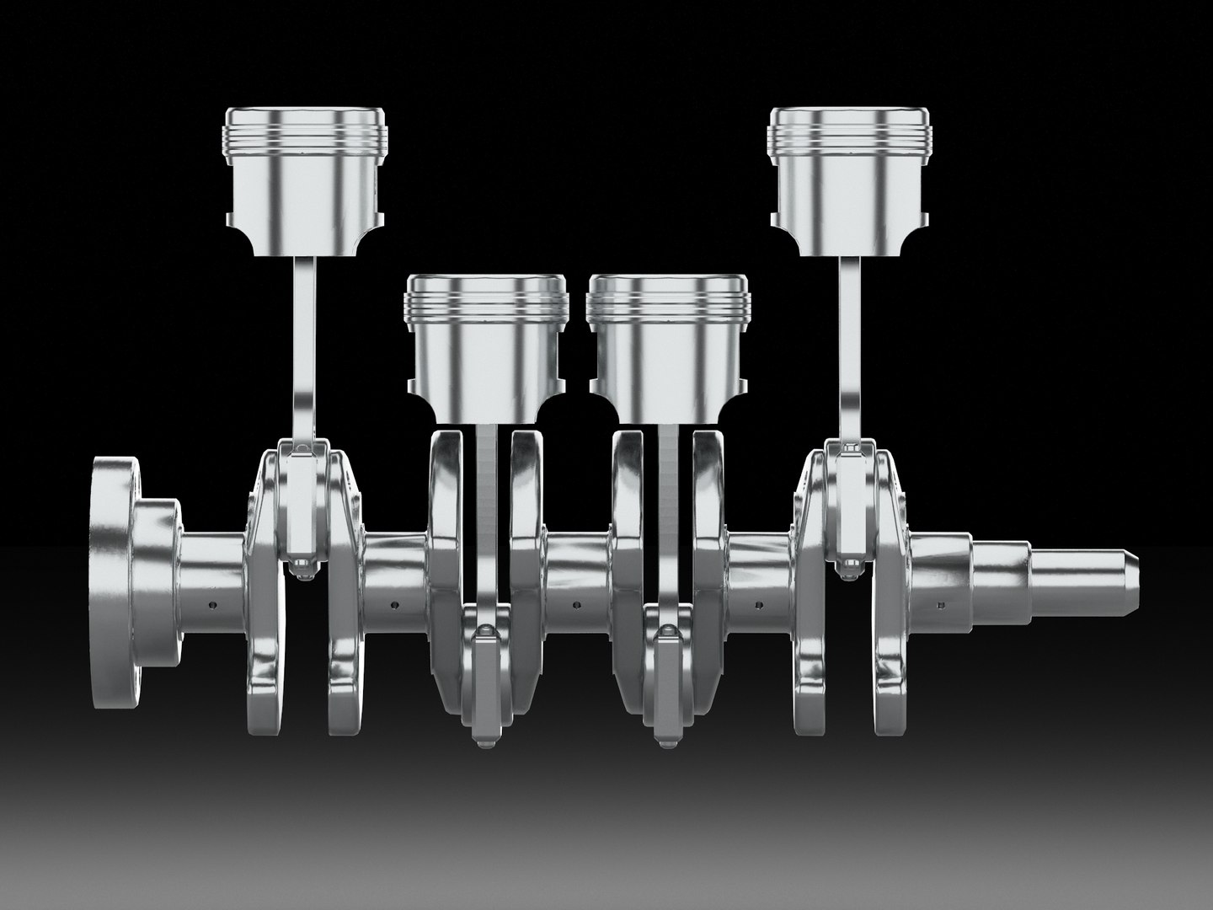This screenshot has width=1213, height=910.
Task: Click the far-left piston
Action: pos(303,181)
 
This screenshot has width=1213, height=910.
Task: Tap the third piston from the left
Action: pos(669,345)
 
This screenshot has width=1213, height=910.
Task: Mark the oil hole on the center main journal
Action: pos(576,604)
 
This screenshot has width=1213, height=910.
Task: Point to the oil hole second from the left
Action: pos(394,604)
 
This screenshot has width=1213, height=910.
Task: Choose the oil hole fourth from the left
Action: pos(758,604)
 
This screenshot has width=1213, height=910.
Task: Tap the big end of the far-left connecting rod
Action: pos(302,506)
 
